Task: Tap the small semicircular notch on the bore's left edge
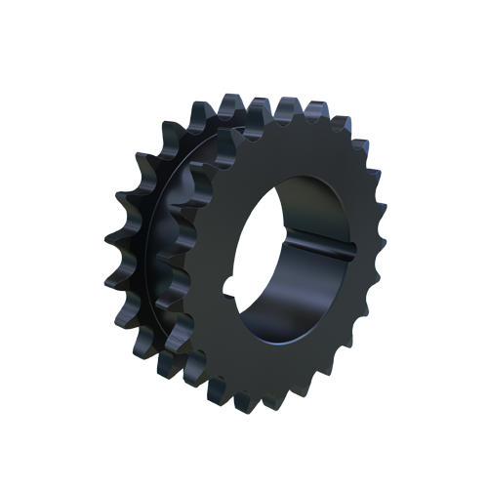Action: pyautogui.click(x=228, y=286)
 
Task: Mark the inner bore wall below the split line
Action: pyautogui.click(x=293, y=293)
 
